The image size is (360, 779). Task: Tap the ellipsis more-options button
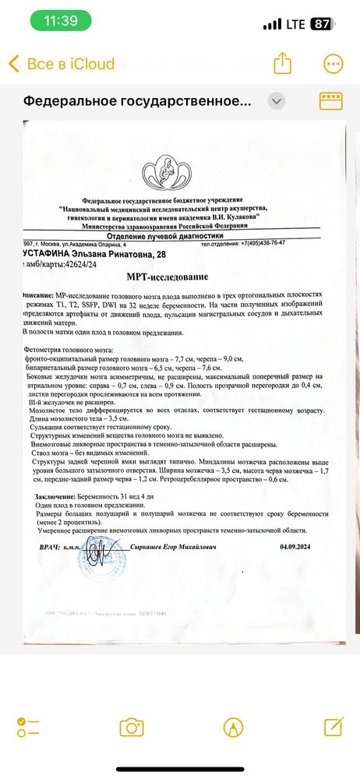pos(333,63)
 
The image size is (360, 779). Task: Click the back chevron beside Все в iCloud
pos(13,64)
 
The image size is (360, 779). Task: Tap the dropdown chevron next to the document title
pos(277,101)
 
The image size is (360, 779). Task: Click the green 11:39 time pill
pos(55,23)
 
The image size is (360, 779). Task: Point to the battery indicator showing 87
pos(321,24)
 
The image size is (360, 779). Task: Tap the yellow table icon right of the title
pos(332,100)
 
